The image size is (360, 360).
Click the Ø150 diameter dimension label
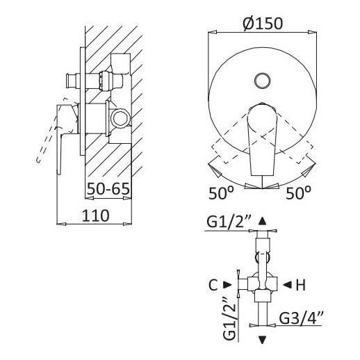click(263, 24)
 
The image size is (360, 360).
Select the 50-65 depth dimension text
click(108, 189)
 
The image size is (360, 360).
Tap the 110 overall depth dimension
click(95, 215)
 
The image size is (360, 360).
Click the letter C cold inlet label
click(213, 285)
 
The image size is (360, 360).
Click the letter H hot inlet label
click(301, 285)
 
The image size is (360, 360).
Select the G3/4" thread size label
click(301, 318)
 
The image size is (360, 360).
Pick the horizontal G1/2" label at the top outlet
click(229, 223)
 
